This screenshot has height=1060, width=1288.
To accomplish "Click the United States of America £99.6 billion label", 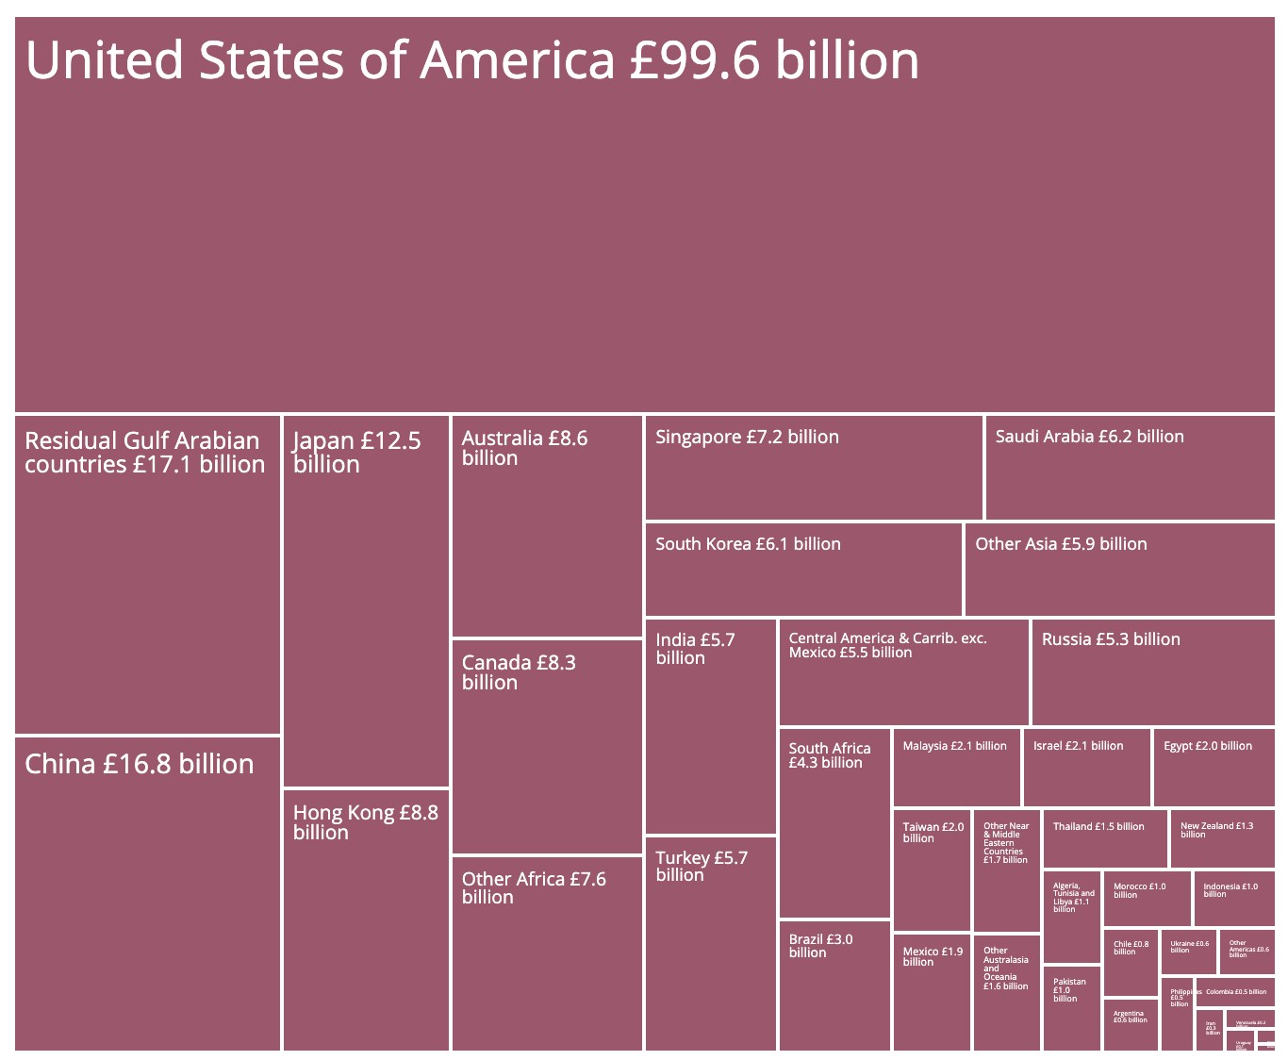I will [x=472, y=60].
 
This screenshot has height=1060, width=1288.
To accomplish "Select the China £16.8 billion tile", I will [x=148, y=892].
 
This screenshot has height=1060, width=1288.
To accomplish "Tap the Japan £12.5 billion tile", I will [x=366, y=601].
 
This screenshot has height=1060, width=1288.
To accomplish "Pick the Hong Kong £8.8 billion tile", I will [x=366, y=919].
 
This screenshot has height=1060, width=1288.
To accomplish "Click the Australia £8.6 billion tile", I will [x=547, y=526].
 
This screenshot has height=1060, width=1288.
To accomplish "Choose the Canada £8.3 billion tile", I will [x=547, y=747].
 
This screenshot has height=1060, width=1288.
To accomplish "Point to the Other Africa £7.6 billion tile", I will [x=547, y=952].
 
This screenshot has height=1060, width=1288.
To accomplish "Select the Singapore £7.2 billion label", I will [x=747, y=438].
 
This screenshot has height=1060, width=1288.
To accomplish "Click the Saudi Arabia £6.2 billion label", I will [x=1089, y=437].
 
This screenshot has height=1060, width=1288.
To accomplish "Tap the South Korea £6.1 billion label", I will [x=748, y=544].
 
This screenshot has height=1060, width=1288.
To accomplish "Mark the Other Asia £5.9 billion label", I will [x=1061, y=544].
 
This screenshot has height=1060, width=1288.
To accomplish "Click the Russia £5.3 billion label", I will [x=1111, y=639].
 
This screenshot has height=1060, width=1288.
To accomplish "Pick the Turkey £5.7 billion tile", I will [x=711, y=943].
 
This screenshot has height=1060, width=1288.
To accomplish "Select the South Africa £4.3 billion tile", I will [x=834, y=822].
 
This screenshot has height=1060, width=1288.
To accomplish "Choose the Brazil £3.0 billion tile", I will [x=834, y=985].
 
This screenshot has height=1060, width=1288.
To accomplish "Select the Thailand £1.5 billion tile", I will [x=1105, y=838].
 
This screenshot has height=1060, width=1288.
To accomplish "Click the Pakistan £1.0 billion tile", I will [x=1071, y=1008].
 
